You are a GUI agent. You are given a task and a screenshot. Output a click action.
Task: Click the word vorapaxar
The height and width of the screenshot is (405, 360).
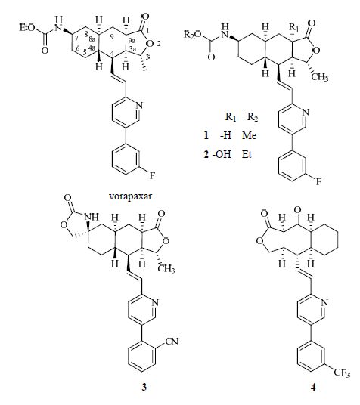130,196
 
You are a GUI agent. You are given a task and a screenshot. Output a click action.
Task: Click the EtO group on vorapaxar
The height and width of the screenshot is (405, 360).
27,28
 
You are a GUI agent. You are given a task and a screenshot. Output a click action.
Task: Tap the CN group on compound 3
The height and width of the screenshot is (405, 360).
172,342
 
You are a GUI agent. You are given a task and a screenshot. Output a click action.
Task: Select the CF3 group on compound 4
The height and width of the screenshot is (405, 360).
342,373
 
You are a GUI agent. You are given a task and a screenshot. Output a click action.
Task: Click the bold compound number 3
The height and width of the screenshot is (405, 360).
144,387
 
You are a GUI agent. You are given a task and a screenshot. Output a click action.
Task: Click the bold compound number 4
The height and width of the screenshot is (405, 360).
313,387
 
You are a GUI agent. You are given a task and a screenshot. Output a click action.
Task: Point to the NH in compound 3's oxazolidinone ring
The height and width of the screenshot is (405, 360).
92,217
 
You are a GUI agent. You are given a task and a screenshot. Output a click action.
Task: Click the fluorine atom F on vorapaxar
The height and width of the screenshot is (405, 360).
152,175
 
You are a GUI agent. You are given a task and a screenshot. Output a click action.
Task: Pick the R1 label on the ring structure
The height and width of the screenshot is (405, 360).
293,27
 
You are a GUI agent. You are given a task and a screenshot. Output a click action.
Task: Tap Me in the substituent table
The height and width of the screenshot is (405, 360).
250,135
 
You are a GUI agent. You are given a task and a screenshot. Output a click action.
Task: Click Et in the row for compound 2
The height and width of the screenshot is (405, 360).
247,154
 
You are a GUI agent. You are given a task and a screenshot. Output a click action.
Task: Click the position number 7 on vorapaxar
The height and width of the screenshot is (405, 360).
77,39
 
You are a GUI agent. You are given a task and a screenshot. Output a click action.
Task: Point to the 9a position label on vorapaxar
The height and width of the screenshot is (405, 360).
131,41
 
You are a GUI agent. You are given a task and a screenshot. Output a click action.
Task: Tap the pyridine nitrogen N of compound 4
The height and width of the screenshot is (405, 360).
324,302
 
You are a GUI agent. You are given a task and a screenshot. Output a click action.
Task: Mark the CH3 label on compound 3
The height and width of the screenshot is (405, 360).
167,269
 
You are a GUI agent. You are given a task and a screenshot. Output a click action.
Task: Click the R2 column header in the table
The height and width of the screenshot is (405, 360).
253,118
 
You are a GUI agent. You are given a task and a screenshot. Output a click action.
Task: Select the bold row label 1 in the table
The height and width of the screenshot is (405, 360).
206,135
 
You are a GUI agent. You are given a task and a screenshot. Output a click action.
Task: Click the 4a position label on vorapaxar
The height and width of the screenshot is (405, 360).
92,48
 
